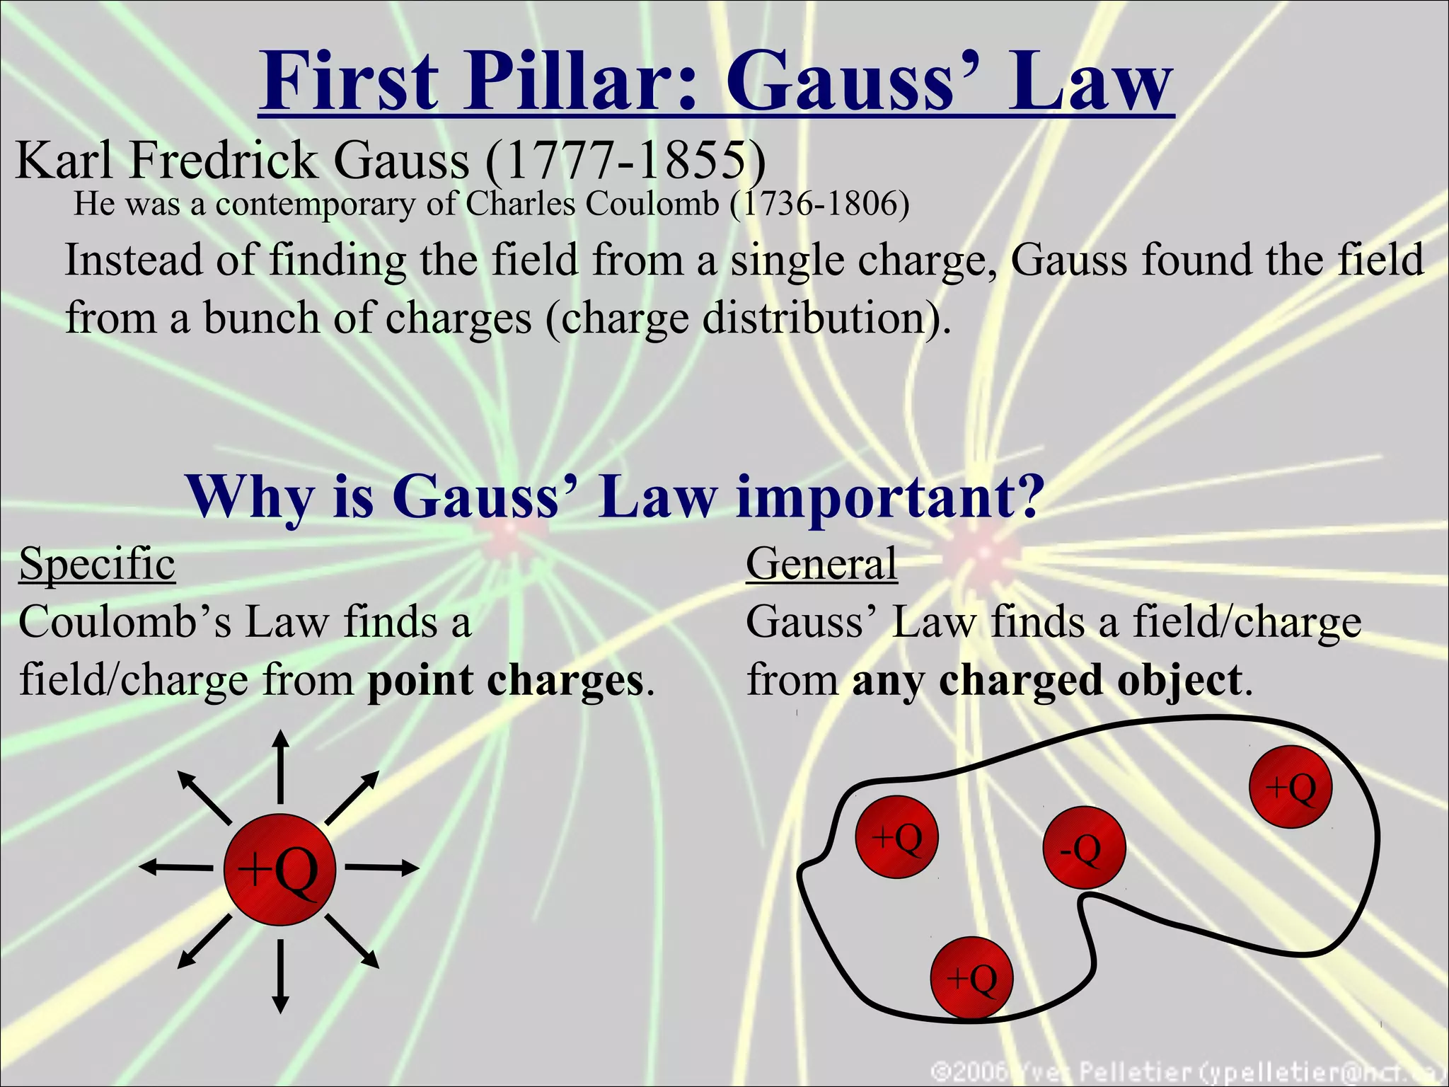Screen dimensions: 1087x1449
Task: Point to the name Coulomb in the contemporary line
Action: [652, 205]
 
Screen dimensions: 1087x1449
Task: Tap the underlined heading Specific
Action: [98, 564]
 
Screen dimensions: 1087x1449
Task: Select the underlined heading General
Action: [821, 564]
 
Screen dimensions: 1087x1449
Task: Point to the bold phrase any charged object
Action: [1047, 680]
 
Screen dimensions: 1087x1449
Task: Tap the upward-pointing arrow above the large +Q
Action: [281, 766]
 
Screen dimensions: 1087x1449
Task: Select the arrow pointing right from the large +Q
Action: [382, 868]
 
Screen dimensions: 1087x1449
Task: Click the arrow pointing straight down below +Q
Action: [281, 977]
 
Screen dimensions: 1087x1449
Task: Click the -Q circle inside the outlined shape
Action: [1083, 848]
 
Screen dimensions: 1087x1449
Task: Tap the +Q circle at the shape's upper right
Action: [1291, 787]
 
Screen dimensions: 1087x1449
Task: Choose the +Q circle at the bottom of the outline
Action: [972, 978]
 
